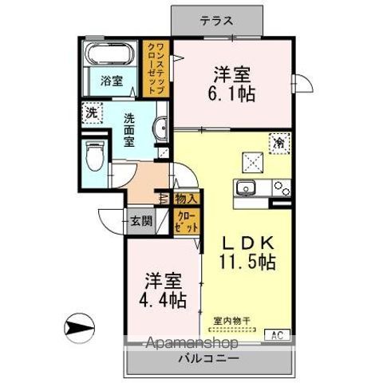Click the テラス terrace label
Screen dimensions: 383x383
click(x=216, y=22)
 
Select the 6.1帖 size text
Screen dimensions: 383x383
click(x=231, y=93)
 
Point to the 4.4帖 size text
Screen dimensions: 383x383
click(x=165, y=302)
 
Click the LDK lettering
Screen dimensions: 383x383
click(x=247, y=242)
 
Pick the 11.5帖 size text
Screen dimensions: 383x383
click(x=247, y=262)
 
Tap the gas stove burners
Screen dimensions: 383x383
click(x=281, y=189)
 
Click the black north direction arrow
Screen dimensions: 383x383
click(x=77, y=326)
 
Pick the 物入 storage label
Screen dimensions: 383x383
click(x=185, y=198)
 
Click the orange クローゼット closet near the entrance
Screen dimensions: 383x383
click(x=185, y=220)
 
